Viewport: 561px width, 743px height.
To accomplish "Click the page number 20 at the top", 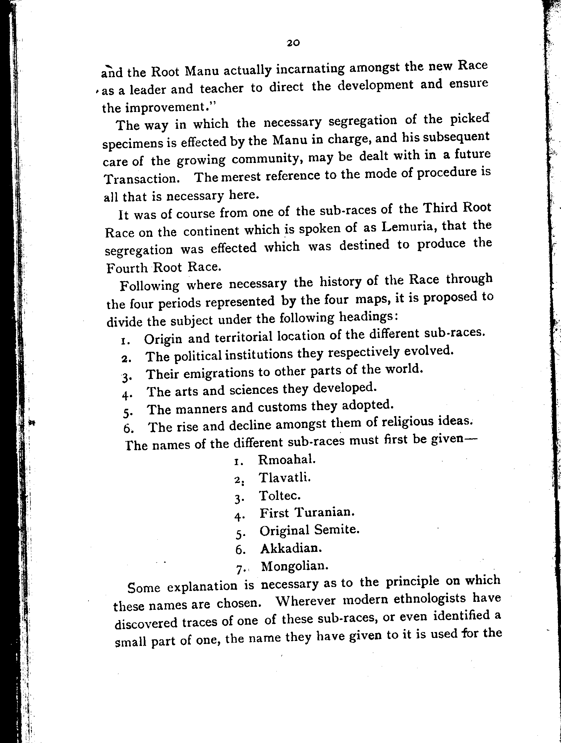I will (293, 43).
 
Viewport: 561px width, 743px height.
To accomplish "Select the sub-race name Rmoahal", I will (287, 459).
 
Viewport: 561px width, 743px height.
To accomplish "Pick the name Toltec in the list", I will (280, 496).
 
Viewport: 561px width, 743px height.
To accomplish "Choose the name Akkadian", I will (291, 548).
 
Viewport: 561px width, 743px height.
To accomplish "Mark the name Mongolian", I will (294, 566).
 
